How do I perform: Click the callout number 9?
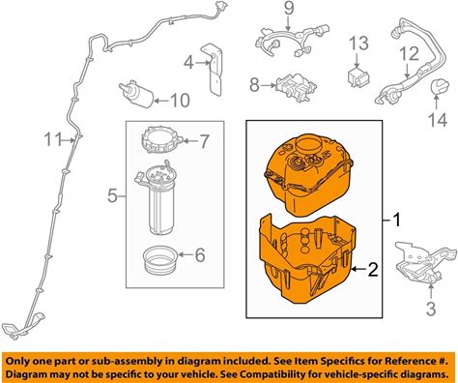[x=289, y=10]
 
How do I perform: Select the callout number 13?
[x=359, y=44]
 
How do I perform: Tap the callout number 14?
[x=438, y=120]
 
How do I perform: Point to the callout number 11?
[x=52, y=139]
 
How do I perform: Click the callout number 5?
[x=112, y=195]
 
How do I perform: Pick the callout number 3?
[x=431, y=309]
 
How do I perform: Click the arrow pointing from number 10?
[x=161, y=101]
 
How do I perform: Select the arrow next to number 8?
[x=268, y=85]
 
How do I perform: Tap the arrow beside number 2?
[x=359, y=269]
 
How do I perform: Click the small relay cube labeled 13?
[x=358, y=77]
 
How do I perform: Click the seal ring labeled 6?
[x=159, y=259]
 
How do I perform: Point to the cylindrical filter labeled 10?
[x=136, y=94]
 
